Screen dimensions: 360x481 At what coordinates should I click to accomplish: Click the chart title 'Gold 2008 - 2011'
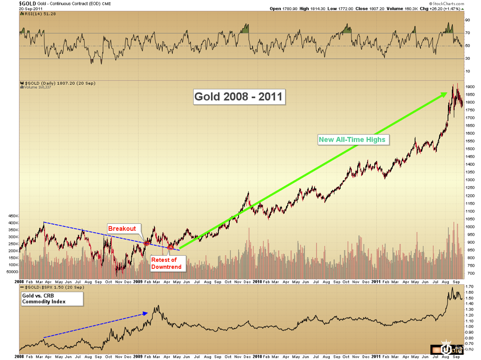[x=239, y=96]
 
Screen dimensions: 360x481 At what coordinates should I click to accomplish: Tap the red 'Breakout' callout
[x=122, y=229]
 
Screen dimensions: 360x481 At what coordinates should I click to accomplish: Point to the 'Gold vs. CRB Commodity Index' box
[x=51, y=298]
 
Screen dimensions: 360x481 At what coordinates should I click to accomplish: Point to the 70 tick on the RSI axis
[x=467, y=33]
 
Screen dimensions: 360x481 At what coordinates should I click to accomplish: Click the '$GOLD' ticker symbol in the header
[x=27, y=3]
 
